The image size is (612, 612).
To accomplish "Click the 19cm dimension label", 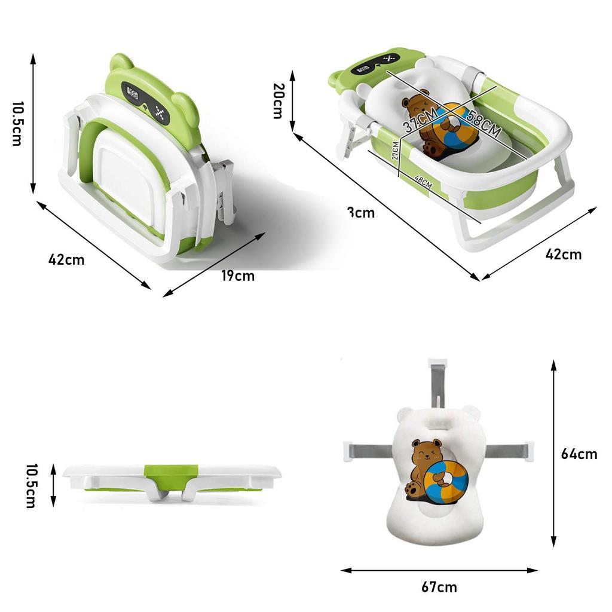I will coord(237,276).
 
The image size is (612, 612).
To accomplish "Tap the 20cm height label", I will coord(278,100).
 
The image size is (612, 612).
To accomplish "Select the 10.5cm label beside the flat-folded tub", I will coord(30,485).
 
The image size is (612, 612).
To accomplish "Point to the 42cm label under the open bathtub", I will coord(563,254).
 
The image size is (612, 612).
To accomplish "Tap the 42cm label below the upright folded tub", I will coord(66,259).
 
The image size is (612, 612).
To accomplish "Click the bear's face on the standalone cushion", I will coord(425,455).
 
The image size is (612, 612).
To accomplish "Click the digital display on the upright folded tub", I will coord(133,93).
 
